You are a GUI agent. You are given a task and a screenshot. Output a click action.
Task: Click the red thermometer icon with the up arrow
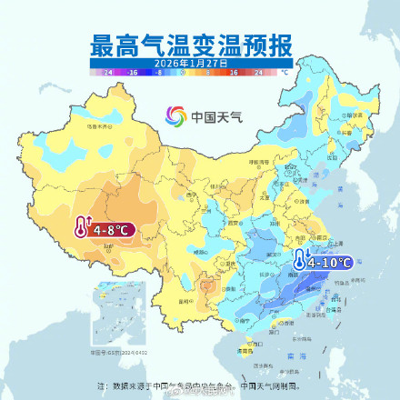tap(83, 228)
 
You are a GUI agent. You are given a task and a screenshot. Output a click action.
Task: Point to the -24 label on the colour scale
tap(108, 70)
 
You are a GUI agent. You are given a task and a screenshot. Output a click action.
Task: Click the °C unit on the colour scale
tap(285, 70)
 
